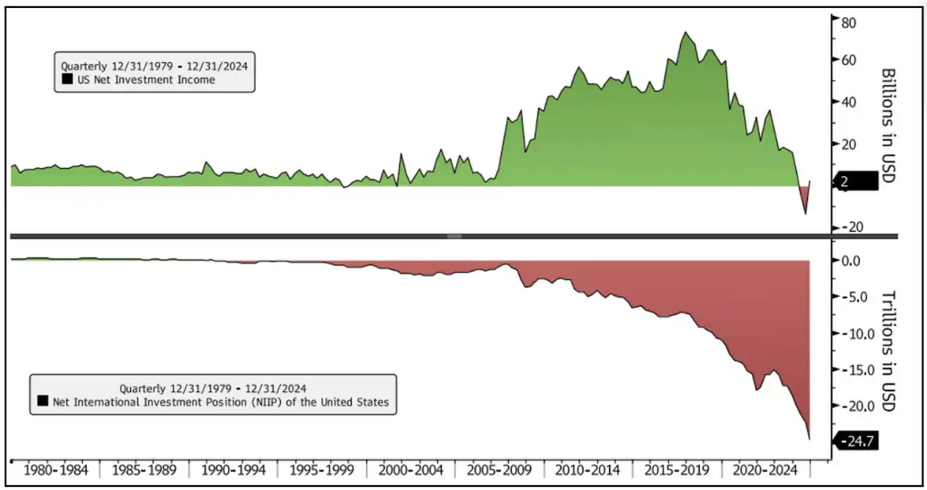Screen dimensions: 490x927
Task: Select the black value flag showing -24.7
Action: [855, 441]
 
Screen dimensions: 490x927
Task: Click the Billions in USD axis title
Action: [888, 126]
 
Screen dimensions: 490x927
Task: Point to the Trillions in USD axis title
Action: [888, 351]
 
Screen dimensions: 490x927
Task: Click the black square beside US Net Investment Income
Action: [67, 80]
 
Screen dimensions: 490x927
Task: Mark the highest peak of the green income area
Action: [685, 32]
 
